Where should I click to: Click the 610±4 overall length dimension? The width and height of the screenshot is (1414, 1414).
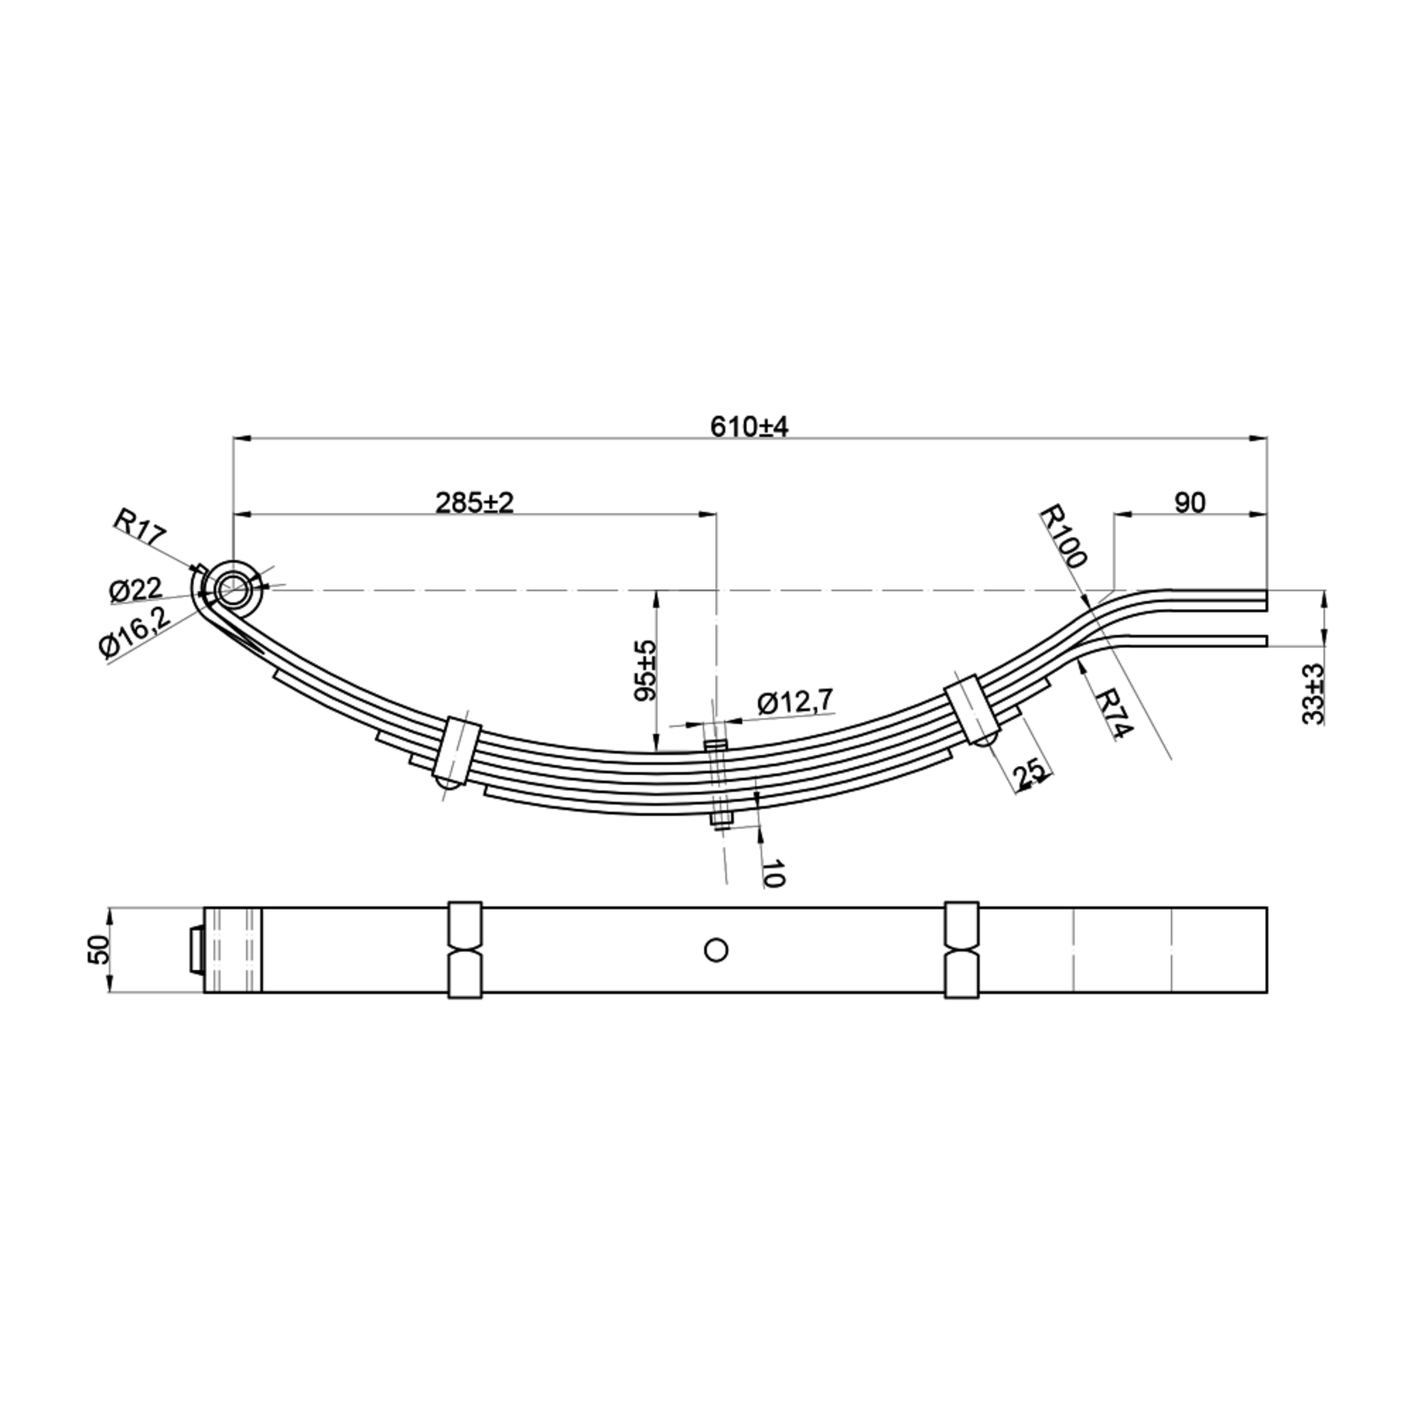(x=748, y=426)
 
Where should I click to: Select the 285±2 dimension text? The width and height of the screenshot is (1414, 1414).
(x=474, y=502)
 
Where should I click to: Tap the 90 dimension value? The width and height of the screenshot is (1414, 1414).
(x=1189, y=503)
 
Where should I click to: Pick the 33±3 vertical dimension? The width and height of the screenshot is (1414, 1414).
(x=1314, y=694)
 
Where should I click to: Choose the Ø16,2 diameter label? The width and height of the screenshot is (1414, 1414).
(x=134, y=634)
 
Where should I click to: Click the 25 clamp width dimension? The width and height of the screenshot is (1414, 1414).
(x=1030, y=774)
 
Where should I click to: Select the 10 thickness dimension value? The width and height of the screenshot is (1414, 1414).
(x=773, y=873)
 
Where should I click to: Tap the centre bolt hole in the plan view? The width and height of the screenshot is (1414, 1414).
(x=715, y=950)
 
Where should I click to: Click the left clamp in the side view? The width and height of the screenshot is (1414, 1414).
(x=458, y=748)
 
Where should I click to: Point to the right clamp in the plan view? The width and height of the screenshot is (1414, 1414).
(x=962, y=950)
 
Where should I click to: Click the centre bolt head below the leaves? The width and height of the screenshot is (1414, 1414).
(x=721, y=821)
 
